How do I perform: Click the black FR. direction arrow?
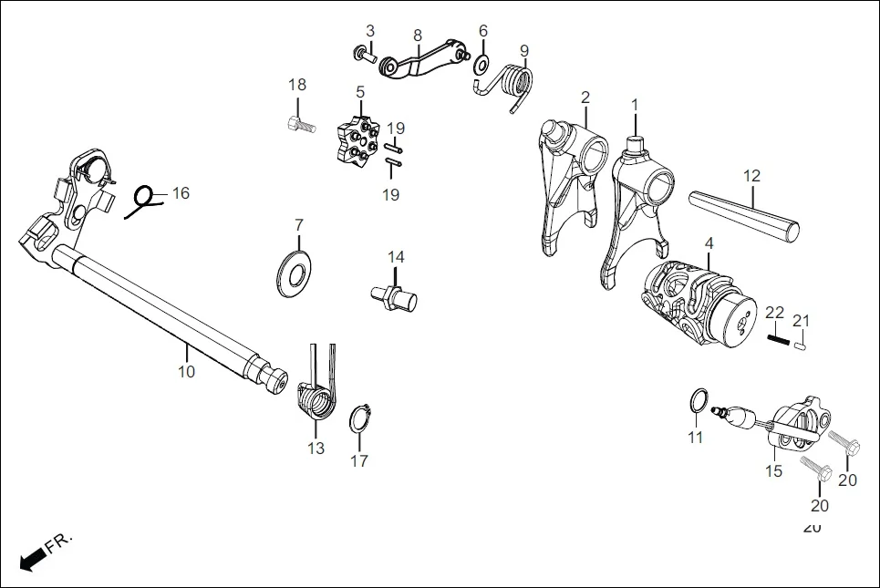click(33, 558)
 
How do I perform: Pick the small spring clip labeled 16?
click(140, 200)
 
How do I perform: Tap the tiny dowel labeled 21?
click(799, 345)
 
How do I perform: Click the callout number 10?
click(186, 372)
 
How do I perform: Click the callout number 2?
click(585, 98)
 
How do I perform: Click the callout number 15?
click(773, 471)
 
